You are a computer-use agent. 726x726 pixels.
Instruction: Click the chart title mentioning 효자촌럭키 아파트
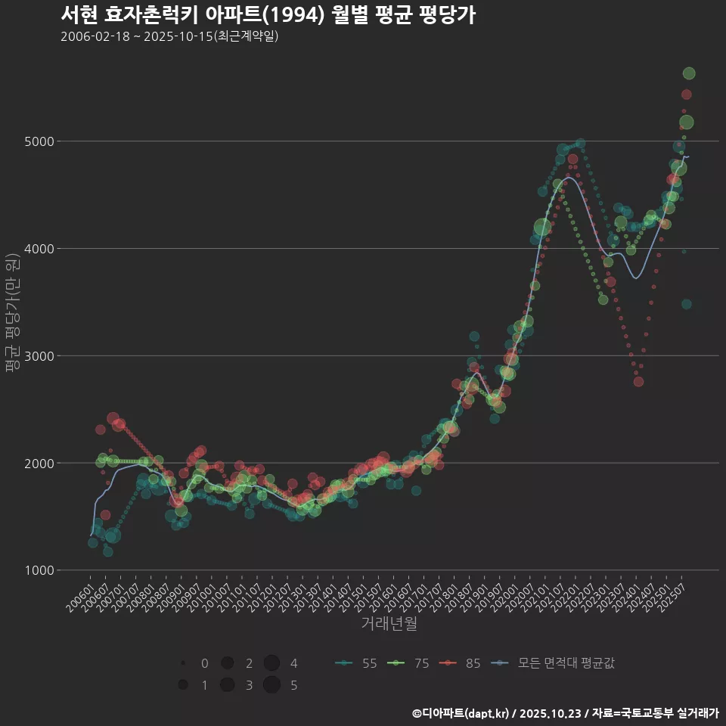click(268, 15)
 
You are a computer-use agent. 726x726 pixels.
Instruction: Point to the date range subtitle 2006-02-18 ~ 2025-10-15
click(169, 36)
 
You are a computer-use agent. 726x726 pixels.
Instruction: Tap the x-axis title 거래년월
click(389, 623)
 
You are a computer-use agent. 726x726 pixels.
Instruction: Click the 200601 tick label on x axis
click(80, 594)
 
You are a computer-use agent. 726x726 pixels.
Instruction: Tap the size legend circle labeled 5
click(272, 685)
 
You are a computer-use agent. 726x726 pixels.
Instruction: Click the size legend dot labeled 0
click(183, 663)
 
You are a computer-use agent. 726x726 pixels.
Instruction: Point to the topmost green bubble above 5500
click(689, 73)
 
